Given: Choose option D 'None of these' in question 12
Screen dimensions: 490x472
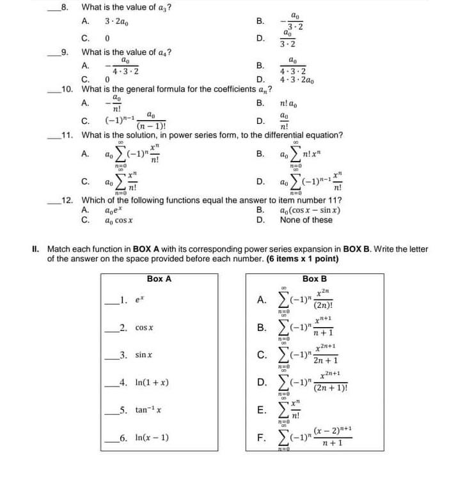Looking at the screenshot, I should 306,220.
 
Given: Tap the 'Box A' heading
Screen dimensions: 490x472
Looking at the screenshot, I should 159,279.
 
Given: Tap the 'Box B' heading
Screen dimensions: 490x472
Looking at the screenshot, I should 314,279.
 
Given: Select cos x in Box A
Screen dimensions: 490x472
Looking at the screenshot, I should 143,327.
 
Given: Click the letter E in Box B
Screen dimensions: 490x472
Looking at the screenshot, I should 261,410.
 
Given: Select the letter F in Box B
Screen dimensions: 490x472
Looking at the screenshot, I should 261,438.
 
